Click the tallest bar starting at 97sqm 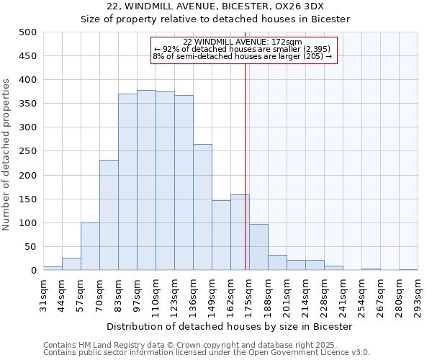tap(146, 180)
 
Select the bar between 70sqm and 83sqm tap(109, 215)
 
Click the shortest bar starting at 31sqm tap(53, 268)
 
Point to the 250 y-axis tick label tap(27, 151)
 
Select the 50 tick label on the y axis tap(30, 247)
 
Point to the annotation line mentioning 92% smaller tap(243, 49)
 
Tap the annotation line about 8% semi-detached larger tap(243, 56)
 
